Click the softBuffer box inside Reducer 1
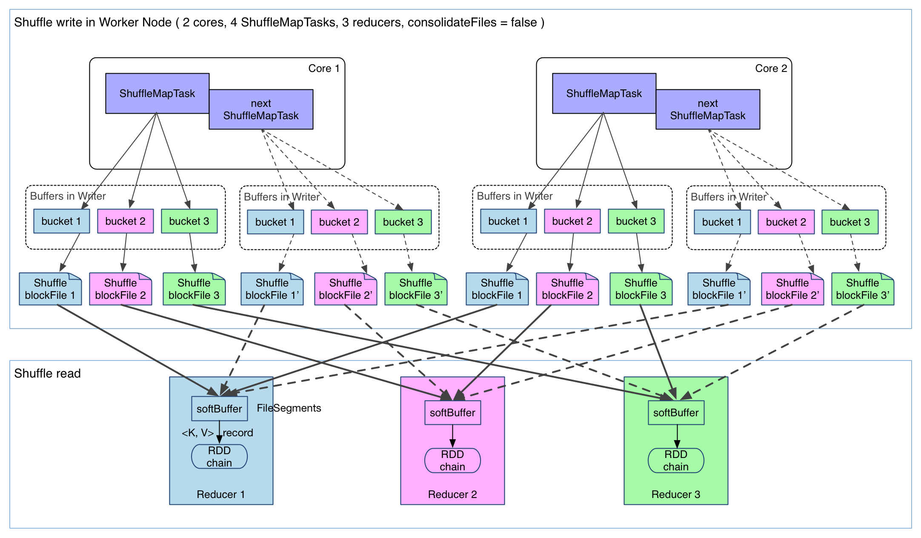[219, 409]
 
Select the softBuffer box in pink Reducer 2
[452, 412]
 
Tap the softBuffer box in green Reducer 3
[676, 412]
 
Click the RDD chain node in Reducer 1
[219, 457]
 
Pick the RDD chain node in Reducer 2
[452, 461]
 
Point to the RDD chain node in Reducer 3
[676, 461]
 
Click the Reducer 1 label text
[220, 494]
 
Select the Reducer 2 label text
[452, 494]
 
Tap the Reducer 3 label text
[676, 494]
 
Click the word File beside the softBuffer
[265, 408]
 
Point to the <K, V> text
[197, 433]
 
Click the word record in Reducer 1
[238, 433]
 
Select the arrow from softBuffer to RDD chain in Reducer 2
[452, 436]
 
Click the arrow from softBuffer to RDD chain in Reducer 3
[677, 436]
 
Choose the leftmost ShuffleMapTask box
[157, 94]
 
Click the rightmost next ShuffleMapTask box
[707, 109]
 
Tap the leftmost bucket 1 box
[61, 221]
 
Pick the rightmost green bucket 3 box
[849, 222]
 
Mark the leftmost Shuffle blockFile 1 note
[50, 289]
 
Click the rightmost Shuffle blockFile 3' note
[862, 289]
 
